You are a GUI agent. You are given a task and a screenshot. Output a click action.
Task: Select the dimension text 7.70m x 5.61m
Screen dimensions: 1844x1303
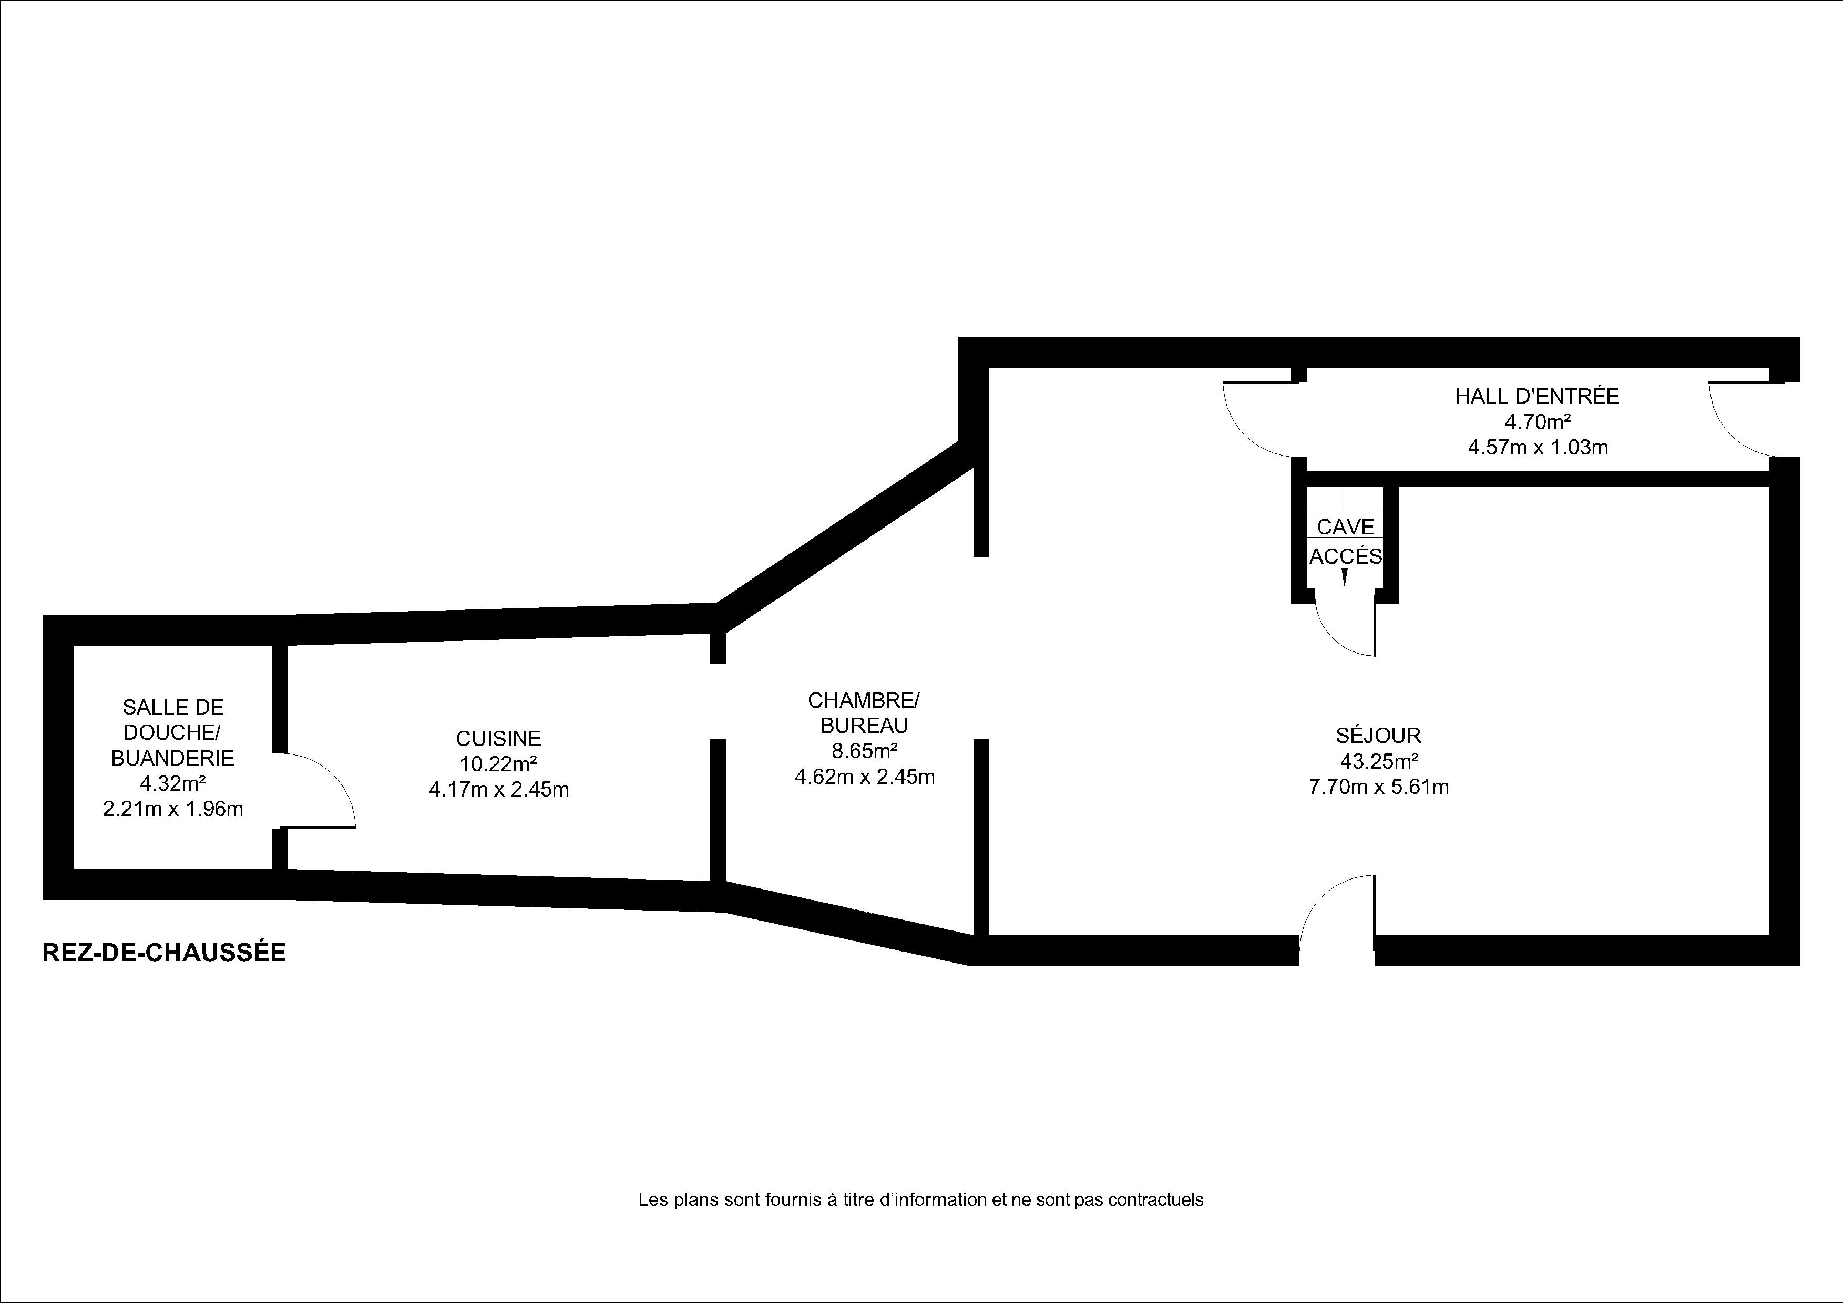1379,787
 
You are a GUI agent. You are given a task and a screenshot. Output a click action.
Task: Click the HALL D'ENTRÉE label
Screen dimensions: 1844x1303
1537,396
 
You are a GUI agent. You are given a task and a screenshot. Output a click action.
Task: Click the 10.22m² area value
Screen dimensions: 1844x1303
499,763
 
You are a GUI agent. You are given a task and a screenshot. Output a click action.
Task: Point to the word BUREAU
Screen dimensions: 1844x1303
864,726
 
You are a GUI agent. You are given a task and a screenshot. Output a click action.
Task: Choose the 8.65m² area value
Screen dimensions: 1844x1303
864,751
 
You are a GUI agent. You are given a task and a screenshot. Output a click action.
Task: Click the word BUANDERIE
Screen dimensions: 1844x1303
172,758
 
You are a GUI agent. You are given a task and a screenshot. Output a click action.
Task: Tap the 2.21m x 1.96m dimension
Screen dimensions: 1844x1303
172,809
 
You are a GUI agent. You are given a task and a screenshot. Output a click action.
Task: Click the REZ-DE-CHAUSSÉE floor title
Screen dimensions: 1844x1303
164,952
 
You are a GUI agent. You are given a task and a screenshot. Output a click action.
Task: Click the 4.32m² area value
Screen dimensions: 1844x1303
172,783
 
